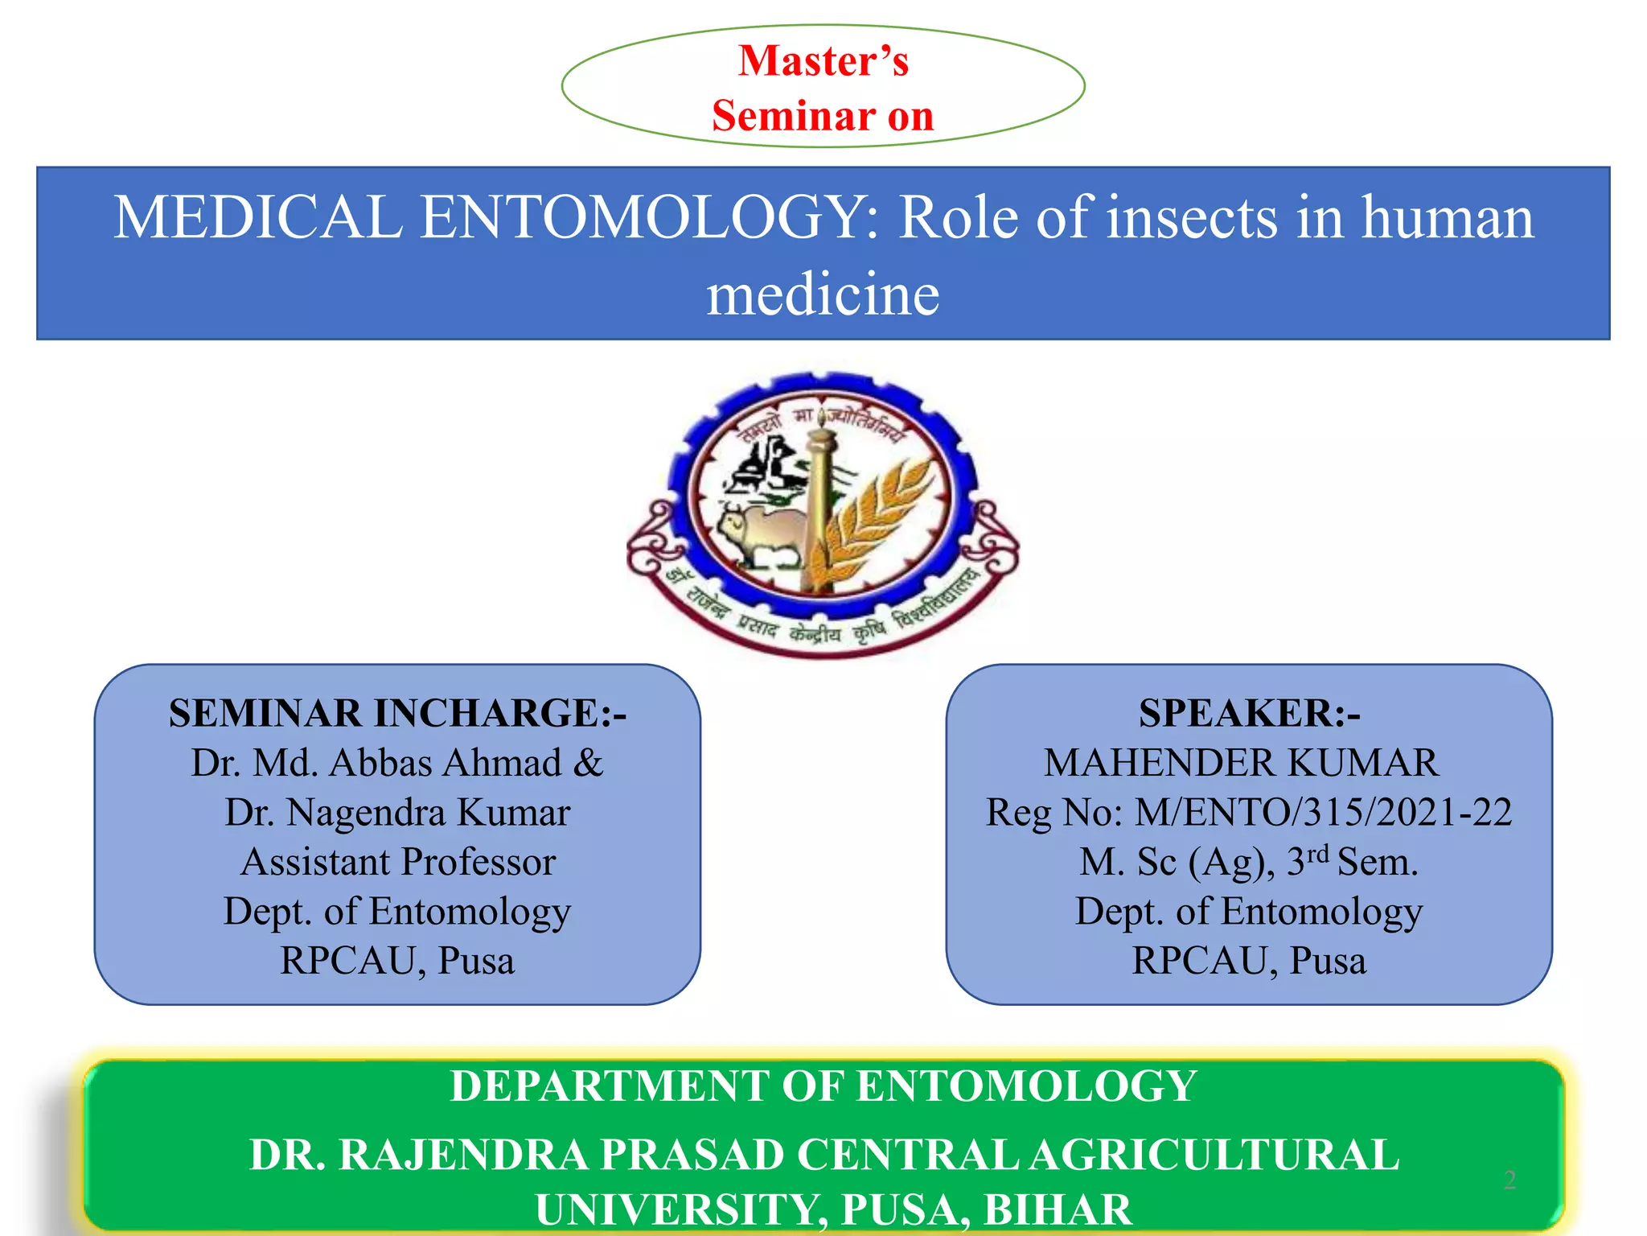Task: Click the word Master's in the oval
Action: tap(823, 61)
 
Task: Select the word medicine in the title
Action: tap(823, 295)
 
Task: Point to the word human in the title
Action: tap(1447, 218)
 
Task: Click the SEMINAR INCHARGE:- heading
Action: tap(397, 714)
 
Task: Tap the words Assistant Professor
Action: tap(398, 862)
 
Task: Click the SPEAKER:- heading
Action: tap(1249, 714)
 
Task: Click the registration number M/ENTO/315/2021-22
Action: tap(1323, 813)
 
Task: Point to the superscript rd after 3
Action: tap(1317, 854)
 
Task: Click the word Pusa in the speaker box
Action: tap(1328, 961)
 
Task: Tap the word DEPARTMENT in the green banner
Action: tap(609, 1086)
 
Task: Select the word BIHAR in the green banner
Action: tap(1058, 1209)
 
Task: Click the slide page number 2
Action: tap(1509, 1180)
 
